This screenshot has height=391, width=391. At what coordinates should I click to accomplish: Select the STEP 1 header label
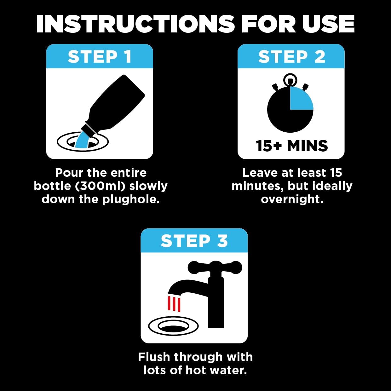point(100,57)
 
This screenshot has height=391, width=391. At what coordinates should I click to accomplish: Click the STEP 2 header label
point(291,57)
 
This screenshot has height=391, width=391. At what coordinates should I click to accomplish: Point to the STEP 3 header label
point(194,241)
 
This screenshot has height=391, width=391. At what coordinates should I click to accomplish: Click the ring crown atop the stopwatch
point(290,79)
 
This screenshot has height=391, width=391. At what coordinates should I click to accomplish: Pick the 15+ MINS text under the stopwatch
point(291,146)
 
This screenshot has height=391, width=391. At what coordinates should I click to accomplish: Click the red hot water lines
point(174,304)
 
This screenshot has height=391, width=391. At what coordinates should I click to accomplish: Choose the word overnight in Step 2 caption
point(292,199)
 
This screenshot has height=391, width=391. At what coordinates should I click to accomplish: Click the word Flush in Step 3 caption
point(154,357)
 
